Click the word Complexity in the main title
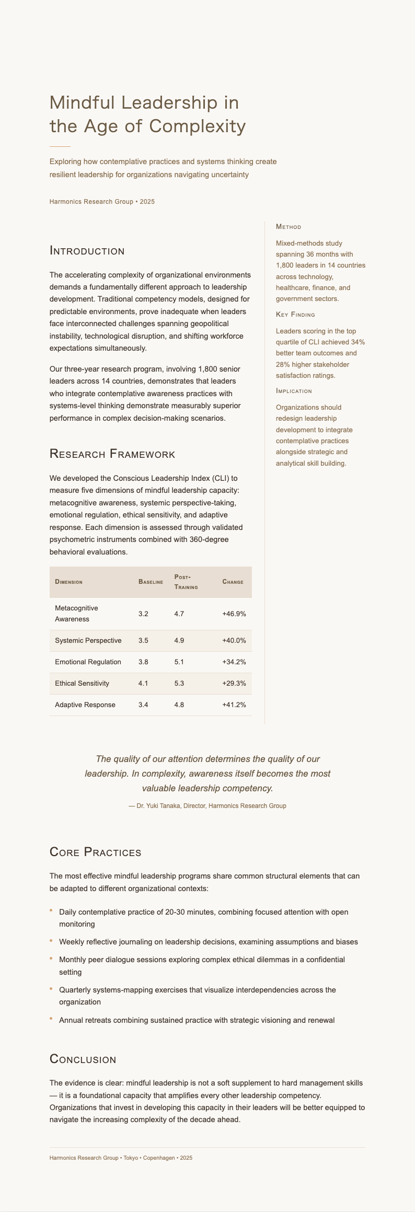tap(204, 126)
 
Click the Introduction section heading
tap(87, 251)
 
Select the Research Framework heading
tap(112, 454)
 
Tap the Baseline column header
tap(151, 582)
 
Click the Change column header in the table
tap(233, 582)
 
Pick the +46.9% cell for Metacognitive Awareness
tap(234, 614)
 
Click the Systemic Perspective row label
tap(88, 641)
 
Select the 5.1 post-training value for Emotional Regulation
tap(179, 662)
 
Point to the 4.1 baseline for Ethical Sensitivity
tap(143, 684)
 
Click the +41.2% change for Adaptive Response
tap(234, 705)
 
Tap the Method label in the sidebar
tap(288, 227)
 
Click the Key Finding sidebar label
tap(295, 315)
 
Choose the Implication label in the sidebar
tap(294, 391)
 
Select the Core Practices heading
tap(95, 852)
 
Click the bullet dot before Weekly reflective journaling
tap(51, 941)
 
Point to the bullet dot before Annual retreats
tap(51, 1019)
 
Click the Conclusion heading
tap(83, 1059)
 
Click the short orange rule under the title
tap(60, 146)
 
